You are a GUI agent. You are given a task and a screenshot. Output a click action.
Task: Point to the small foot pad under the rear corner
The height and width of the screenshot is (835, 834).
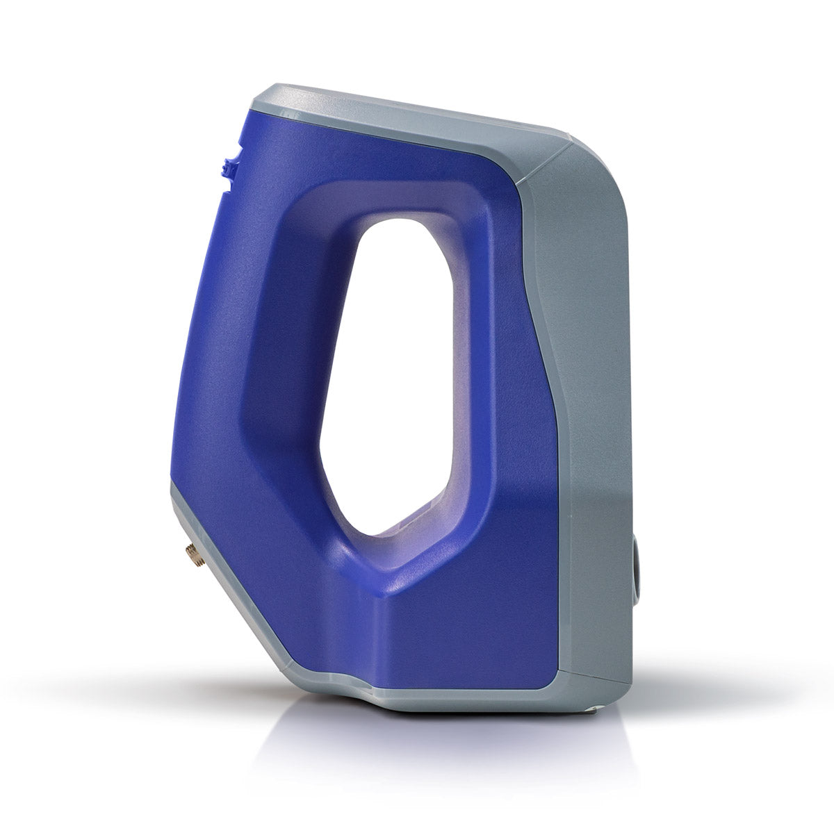click(x=591, y=709)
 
